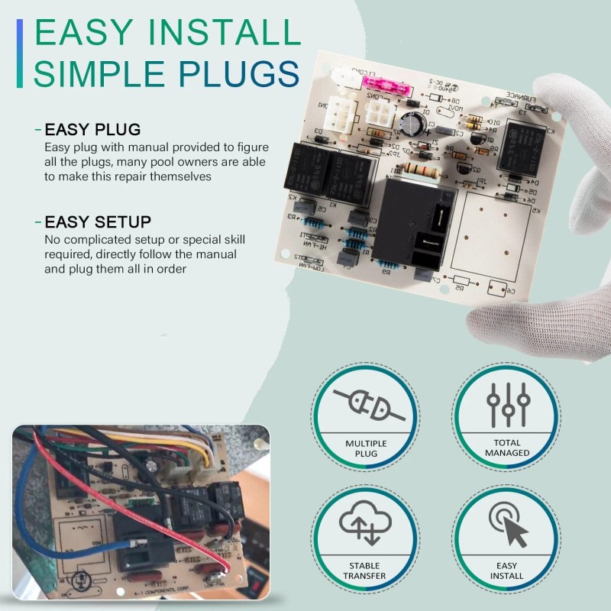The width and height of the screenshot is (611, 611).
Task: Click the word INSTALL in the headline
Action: (221, 34)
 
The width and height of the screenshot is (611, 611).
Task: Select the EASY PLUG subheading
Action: (92, 129)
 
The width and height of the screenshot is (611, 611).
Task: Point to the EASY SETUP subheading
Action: (98, 222)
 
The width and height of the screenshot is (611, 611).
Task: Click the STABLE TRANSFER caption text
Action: (365, 570)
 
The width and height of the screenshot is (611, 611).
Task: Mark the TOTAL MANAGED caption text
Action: (507, 448)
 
